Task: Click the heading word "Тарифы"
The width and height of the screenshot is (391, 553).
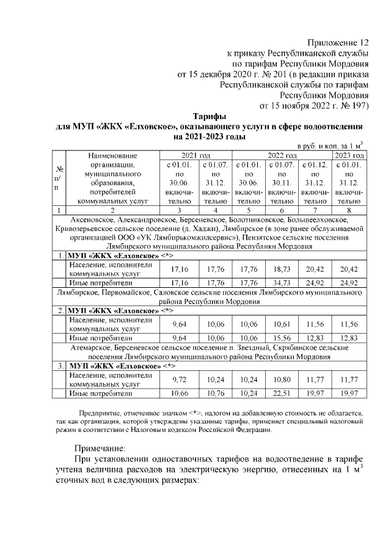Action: point(210,116)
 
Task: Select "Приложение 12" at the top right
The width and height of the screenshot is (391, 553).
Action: point(338,43)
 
